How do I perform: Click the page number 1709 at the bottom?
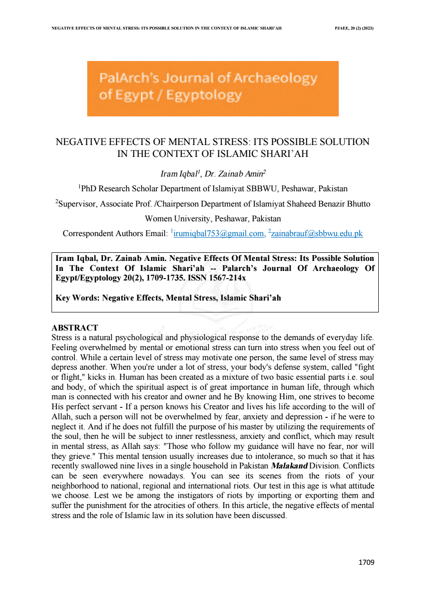[x=366, y=562]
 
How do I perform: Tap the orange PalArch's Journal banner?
[x=213, y=88]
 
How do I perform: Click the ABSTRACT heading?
[x=74, y=328]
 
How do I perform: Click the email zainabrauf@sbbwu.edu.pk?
[x=317, y=233]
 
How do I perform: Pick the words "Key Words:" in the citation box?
[x=78, y=298]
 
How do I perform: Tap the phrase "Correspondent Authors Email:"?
[x=115, y=234]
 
